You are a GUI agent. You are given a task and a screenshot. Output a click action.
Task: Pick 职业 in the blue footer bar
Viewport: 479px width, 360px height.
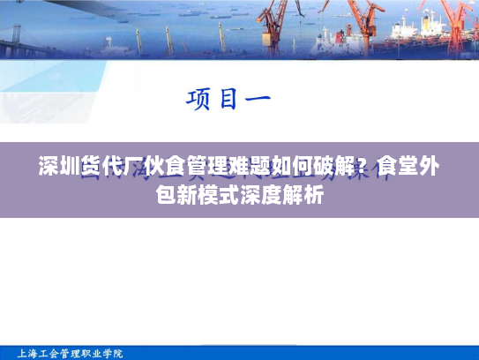coord(93,353)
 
